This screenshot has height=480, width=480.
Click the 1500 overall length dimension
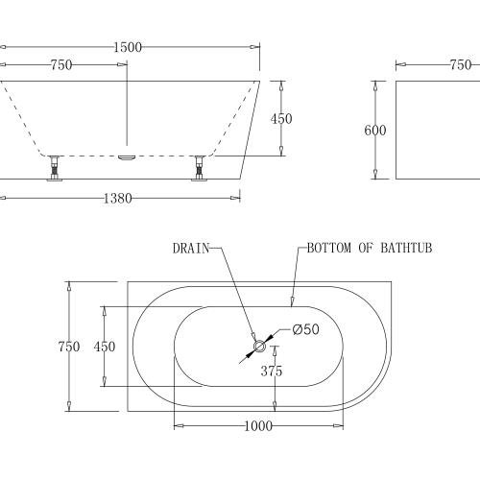(x=122, y=45)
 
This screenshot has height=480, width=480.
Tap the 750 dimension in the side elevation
(x=61, y=65)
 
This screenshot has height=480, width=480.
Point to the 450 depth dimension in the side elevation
(x=281, y=119)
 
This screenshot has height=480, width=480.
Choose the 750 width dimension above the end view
(x=459, y=65)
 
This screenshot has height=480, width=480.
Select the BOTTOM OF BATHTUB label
(x=370, y=248)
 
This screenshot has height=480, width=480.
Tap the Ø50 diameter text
(x=304, y=329)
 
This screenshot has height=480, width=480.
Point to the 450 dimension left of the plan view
(x=104, y=346)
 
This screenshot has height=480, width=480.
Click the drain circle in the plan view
(x=258, y=347)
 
